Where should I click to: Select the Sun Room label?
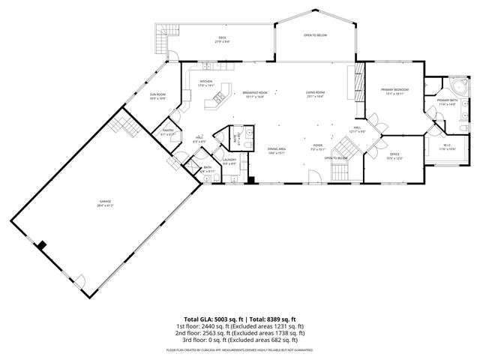click(157, 96)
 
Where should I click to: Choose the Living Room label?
click(314, 94)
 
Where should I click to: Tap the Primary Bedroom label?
click(394, 91)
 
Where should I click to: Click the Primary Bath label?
click(447, 102)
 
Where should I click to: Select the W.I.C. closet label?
click(447, 147)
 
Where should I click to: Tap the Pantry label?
click(168, 132)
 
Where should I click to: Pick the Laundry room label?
click(229, 160)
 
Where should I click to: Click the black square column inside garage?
click(43, 245)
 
